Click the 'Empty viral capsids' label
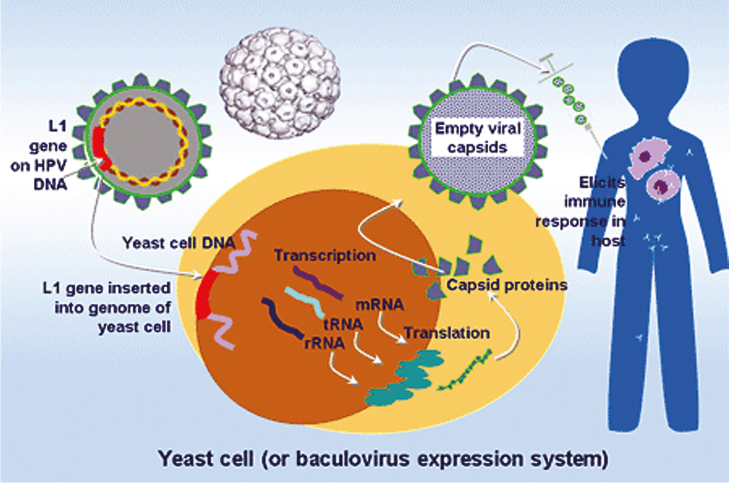[x=478, y=138]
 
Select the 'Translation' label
[x=447, y=333]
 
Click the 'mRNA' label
[x=380, y=305]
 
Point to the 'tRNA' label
[x=343, y=324]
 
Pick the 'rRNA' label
[x=324, y=343]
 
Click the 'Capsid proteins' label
[x=507, y=285]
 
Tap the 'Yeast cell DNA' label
[x=179, y=243]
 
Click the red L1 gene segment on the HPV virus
[x=100, y=148]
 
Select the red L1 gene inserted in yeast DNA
[x=203, y=294]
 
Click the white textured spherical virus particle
[x=279, y=83]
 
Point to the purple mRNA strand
[x=318, y=282]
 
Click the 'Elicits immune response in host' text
[x=581, y=212]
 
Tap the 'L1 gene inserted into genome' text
[x=107, y=307]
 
